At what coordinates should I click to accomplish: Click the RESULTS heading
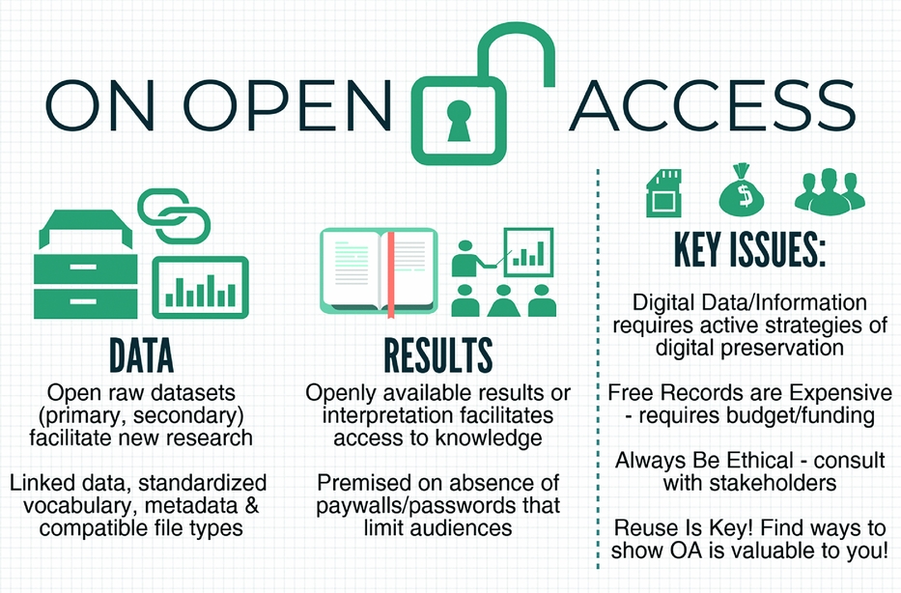[437, 355]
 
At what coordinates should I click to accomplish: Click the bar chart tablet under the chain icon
[201, 288]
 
